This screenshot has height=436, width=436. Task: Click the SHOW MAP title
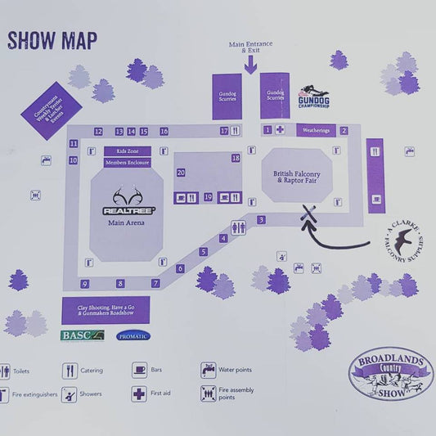52,40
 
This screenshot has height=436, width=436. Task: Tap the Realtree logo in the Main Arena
128,202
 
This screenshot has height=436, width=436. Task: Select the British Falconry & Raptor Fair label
296,174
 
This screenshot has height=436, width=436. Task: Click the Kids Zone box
127,151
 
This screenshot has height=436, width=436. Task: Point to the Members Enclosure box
127,163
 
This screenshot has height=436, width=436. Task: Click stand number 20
181,173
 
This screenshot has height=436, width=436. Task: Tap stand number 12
98,132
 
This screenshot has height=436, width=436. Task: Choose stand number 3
261,219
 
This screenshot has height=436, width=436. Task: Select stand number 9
84,284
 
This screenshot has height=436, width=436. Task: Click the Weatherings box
316,130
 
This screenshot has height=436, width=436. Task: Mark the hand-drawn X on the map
308,214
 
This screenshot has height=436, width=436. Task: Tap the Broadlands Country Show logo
390,373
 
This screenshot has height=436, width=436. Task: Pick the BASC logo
83,335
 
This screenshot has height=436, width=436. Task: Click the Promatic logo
133,335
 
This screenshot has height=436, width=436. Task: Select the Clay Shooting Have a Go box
106,309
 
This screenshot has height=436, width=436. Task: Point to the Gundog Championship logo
315,97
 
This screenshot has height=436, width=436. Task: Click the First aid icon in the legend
139,393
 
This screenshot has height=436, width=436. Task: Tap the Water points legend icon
208,370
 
